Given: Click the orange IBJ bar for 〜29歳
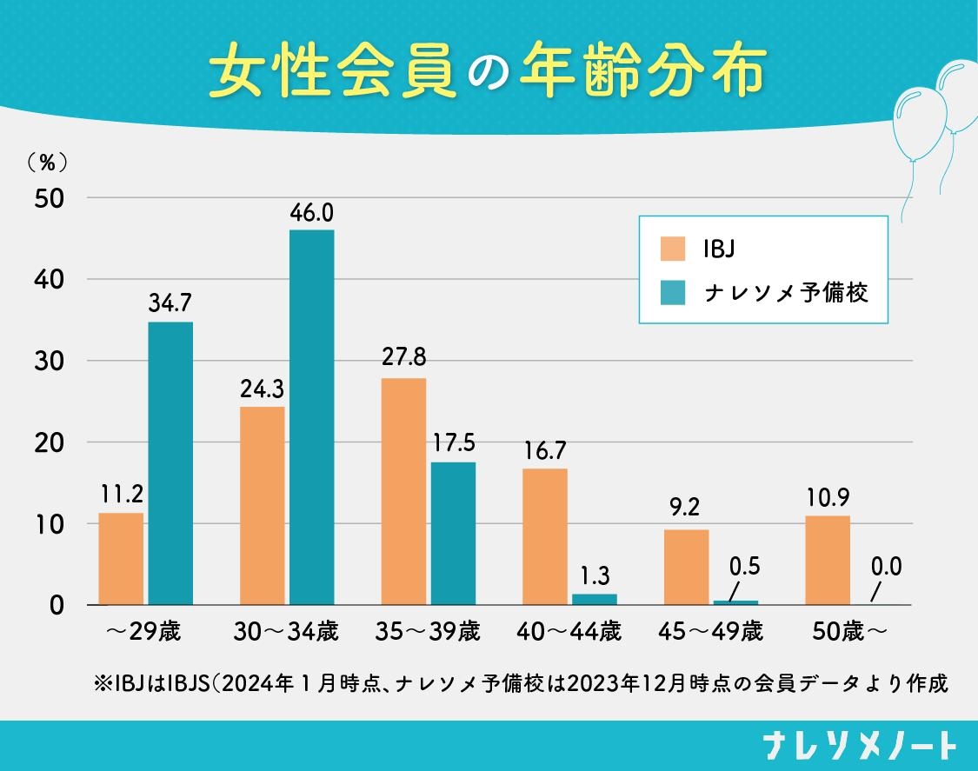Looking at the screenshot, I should tap(121, 559).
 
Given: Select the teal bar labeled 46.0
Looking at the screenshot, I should tap(311, 417).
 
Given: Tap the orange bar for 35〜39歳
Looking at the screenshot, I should tap(403, 491).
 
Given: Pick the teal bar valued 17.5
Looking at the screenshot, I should tap(453, 533).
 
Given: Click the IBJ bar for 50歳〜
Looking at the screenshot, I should tap(828, 560).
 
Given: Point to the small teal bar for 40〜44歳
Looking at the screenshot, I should tap(595, 599).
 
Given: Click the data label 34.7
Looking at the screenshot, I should tap(170, 304).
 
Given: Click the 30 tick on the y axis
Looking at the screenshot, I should tap(50, 361).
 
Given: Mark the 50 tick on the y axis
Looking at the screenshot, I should tap(50, 198).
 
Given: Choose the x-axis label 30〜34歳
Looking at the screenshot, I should tap(286, 631).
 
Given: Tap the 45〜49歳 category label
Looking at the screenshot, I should tap(710, 631).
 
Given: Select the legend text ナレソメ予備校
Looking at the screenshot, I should tap(786, 293).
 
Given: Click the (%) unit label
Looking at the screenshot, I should tap(47, 162).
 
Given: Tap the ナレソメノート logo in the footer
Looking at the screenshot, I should tap(860, 746).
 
